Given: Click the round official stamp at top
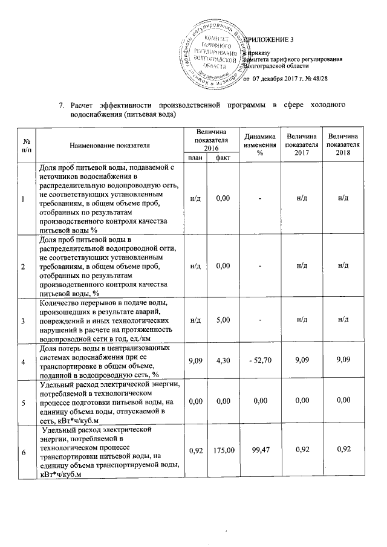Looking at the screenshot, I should tap(212, 53).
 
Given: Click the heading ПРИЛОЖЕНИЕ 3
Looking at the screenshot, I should tap(269, 40).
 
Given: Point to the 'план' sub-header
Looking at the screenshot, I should tap(195, 158).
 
